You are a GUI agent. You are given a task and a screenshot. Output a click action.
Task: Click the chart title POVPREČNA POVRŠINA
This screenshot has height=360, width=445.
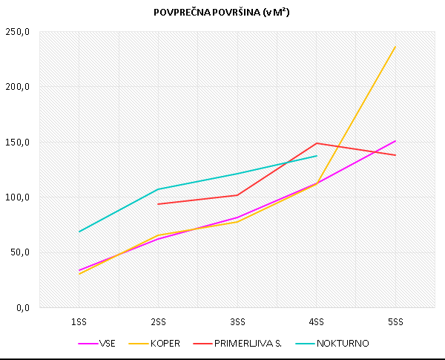coord(222,13)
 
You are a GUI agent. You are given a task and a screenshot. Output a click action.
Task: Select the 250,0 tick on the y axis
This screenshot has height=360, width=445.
coord(18,32)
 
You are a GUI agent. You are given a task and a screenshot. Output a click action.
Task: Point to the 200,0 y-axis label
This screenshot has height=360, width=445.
coord(18,87)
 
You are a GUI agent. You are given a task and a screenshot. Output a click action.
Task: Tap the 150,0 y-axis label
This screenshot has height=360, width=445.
coord(18,142)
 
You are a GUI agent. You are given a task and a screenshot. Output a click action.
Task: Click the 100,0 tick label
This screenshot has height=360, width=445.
coord(18,197)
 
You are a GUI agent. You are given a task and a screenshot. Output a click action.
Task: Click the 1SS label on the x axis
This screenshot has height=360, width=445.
coord(79,321)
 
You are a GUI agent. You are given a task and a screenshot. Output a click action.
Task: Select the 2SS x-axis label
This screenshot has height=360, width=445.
coord(158,321)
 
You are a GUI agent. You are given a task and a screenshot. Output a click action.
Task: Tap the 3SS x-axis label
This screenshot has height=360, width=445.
coord(237,321)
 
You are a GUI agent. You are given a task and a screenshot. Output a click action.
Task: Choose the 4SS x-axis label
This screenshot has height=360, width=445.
coord(317,321)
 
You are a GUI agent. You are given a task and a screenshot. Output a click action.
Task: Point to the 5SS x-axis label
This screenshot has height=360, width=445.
coord(395,321)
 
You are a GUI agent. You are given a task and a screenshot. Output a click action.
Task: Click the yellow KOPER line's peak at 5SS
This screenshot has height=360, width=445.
coord(395,47)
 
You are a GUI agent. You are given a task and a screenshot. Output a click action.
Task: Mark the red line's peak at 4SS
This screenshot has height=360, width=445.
coord(317,143)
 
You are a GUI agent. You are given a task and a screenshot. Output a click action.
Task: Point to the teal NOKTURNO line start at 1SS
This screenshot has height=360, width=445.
coord(79,232)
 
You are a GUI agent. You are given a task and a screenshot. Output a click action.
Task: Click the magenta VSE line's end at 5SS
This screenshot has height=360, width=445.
coord(395,141)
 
